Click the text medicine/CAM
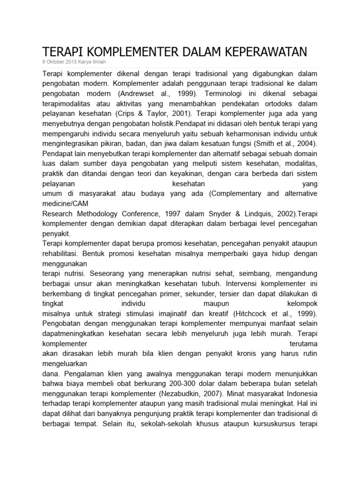click(65, 203)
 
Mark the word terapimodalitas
click(69, 103)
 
